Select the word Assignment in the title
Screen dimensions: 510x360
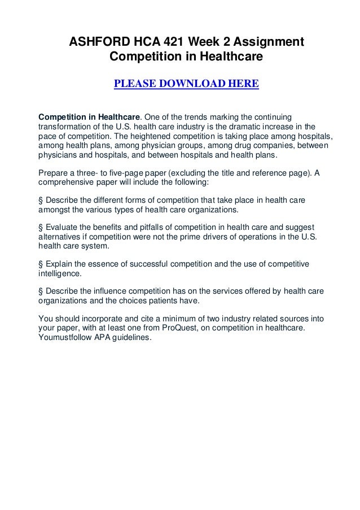269,42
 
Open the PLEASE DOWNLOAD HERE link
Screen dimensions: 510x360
186,85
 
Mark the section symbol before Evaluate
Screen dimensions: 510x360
40,228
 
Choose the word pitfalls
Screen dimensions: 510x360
150,228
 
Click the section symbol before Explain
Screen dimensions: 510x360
40,264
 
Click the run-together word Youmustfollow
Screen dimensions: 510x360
67,338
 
